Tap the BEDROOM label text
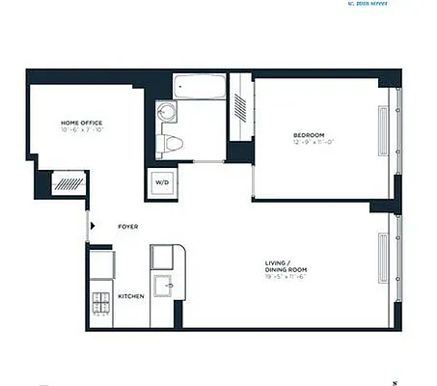click(x=310, y=133)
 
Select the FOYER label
click(x=127, y=227)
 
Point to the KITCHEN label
click(x=131, y=296)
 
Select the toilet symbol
click(x=173, y=143)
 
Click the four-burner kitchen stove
click(x=100, y=304)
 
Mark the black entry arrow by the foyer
click(x=92, y=227)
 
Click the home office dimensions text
click(x=81, y=130)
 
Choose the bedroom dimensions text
click(x=310, y=142)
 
